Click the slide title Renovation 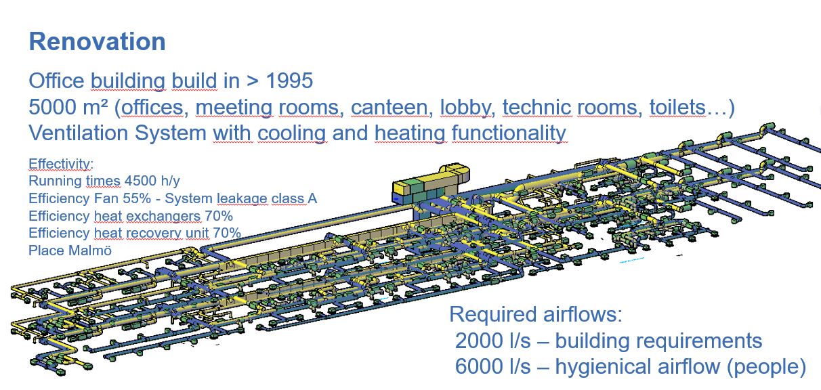[97, 41]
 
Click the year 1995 [289, 81]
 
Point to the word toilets [677, 107]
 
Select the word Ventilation [79, 133]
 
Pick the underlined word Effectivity [60, 164]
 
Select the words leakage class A [267, 198]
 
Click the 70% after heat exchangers [219, 216]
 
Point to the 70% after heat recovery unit [227, 233]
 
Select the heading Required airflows [536, 315]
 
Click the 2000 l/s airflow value [492, 341]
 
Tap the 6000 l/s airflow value [492, 366]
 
